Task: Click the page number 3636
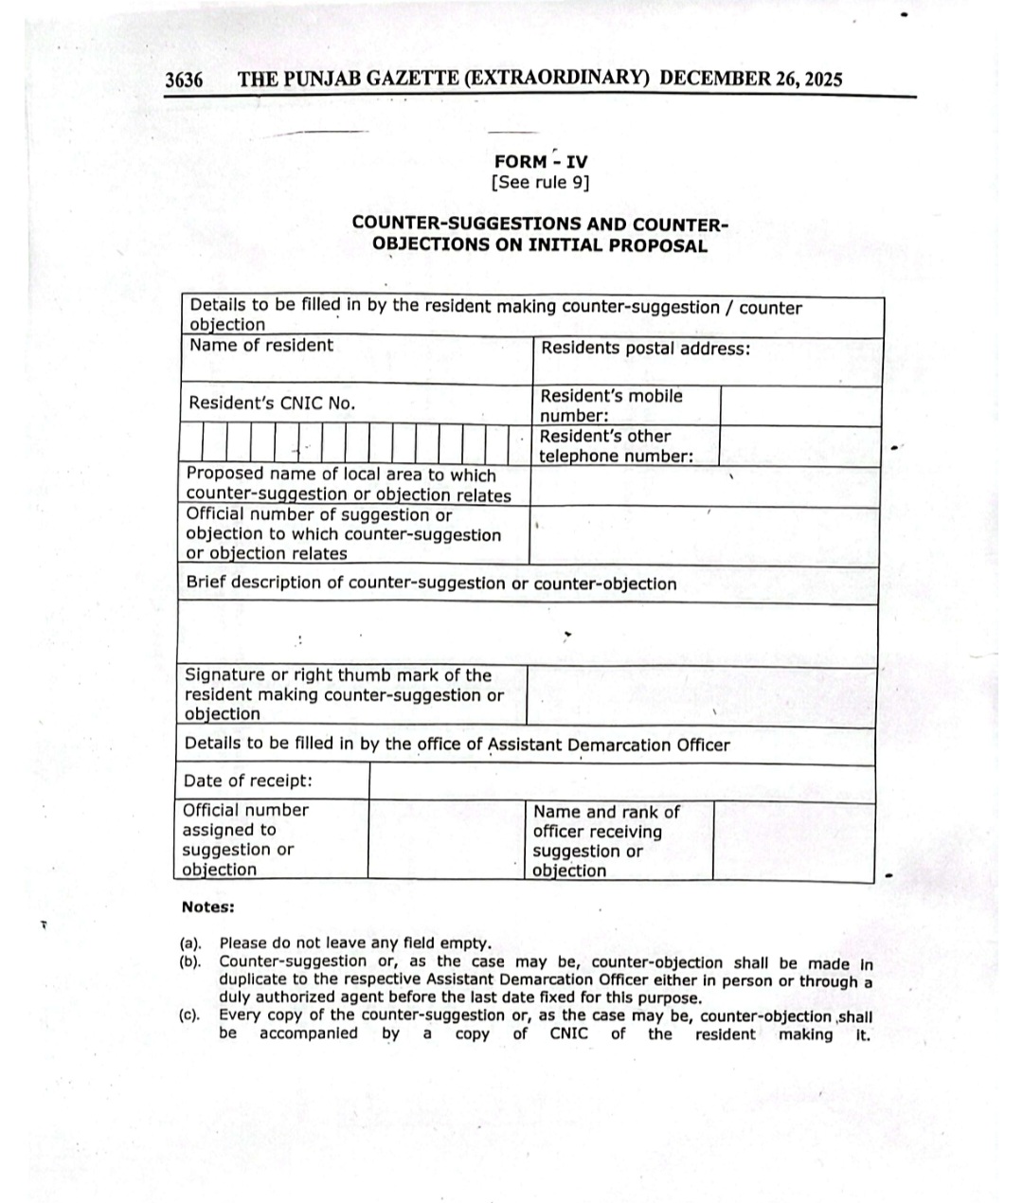pos(184,80)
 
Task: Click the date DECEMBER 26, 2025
pos(750,79)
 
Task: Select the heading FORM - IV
pos(540,161)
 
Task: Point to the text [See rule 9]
pos(540,183)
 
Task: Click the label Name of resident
pos(261,346)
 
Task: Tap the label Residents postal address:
pos(645,349)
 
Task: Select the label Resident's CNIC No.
pos(272,404)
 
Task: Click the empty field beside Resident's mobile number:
pos(800,405)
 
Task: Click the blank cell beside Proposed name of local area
pos(706,486)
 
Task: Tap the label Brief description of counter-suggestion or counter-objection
pos(431,584)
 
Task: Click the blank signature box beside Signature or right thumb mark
pos(701,695)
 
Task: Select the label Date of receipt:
pos(247,781)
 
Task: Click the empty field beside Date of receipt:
pos(621,782)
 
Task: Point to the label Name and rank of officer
pos(606,822)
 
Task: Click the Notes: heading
pos(207,907)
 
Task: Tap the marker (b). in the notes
pos(190,962)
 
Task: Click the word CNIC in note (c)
pos(568,1034)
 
